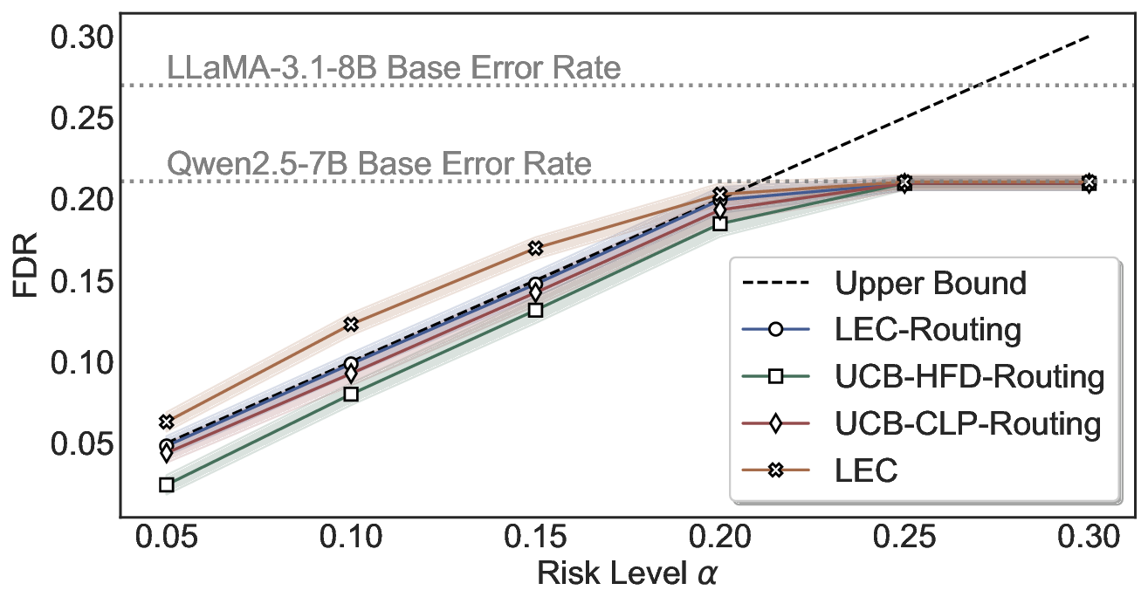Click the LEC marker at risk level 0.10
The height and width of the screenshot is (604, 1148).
[351, 325]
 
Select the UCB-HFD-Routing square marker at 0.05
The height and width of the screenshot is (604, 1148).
[167, 484]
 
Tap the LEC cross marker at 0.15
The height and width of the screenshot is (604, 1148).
[535, 249]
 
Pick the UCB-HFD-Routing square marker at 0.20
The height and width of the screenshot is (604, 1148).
[719, 223]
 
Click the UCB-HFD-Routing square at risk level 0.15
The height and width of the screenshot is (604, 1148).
[535, 310]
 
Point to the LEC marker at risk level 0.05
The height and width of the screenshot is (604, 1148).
[167, 422]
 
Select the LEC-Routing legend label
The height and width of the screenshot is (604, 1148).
[927, 330]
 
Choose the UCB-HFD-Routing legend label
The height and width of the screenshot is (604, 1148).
[969, 377]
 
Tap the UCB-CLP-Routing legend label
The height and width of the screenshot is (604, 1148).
[967, 424]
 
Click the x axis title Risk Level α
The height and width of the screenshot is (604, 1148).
[628, 575]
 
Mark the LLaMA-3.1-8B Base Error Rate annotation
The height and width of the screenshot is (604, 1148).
[394, 68]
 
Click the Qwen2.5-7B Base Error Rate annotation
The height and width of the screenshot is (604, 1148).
[379, 164]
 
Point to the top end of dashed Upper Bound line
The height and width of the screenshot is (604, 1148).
[1089, 37]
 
